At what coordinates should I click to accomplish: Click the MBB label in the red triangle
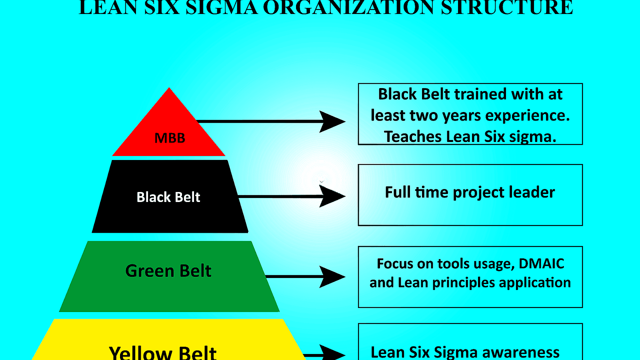pyautogui.click(x=170, y=138)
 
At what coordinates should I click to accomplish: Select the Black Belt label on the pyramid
pyautogui.click(x=168, y=197)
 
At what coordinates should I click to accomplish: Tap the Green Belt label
pyautogui.click(x=168, y=271)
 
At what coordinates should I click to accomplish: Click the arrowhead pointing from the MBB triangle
pyautogui.click(x=332, y=122)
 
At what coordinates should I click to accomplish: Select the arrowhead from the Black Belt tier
pyautogui.click(x=332, y=196)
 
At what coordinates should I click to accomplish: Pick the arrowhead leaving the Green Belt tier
pyautogui.click(x=332, y=276)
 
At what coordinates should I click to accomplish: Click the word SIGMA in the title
pyautogui.click(x=222, y=8)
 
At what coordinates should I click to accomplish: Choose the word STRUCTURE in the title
pyautogui.click(x=507, y=8)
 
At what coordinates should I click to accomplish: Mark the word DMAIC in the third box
pyautogui.click(x=541, y=264)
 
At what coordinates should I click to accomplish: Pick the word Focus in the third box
pyautogui.click(x=395, y=264)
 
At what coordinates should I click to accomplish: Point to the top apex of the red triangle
pyautogui.click(x=169, y=88)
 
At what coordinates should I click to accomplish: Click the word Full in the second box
pyautogui.click(x=398, y=192)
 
